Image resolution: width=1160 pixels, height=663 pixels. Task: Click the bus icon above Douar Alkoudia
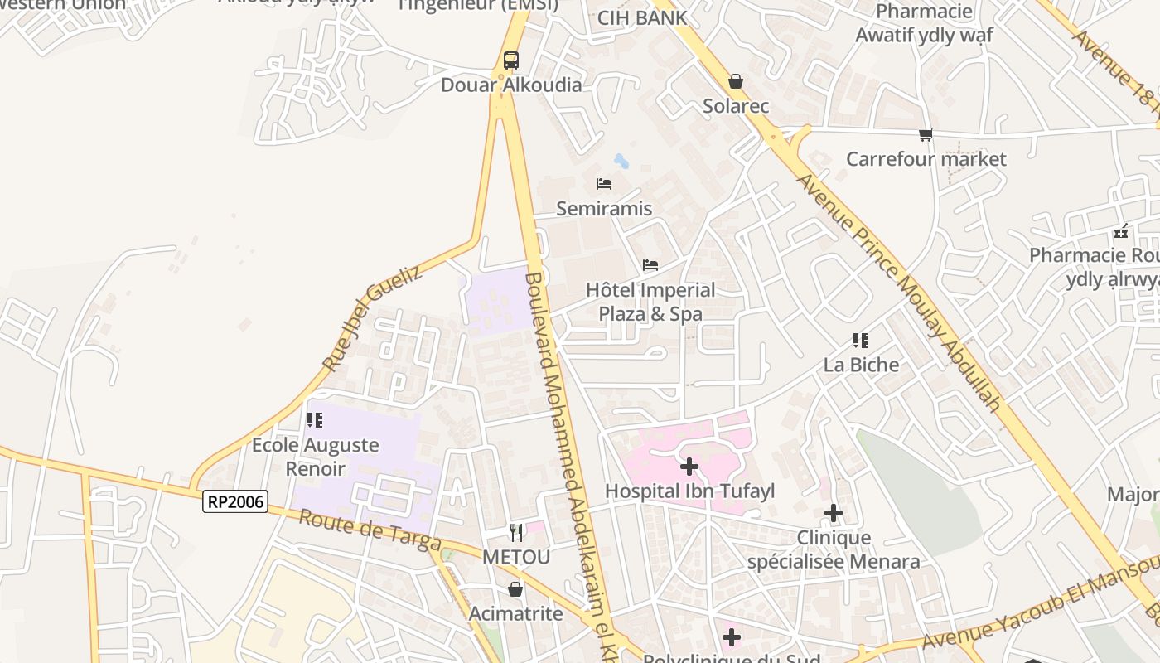(x=511, y=60)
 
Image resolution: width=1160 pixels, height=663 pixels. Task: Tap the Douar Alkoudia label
(x=511, y=85)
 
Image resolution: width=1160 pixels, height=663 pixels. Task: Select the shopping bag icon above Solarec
(x=735, y=81)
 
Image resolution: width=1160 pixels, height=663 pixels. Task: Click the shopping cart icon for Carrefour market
(x=926, y=134)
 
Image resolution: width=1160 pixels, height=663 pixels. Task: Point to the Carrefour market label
(x=926, y=158)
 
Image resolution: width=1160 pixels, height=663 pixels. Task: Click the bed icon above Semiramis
(x=604, y=183)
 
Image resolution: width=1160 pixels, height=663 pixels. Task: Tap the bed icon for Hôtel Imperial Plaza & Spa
(x=650, y=265)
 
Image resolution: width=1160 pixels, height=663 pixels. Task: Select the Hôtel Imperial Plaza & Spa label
(x=650, y=302)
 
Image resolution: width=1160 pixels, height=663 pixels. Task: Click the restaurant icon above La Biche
(x=861, y=340)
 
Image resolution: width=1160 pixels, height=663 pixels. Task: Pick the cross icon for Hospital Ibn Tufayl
(x=689, y=467)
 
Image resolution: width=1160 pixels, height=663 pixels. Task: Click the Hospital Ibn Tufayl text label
(x=689, y=491)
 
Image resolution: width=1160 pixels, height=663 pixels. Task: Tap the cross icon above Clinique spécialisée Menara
(x=834, y=514)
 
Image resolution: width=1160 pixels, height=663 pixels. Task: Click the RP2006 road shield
(x=235, y=501)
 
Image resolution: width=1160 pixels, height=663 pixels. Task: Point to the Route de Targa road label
(x=370, y=530)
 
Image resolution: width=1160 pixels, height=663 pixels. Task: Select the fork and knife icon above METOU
(x=516, y=531)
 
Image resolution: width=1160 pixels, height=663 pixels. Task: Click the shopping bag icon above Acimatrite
(x=515, y=589)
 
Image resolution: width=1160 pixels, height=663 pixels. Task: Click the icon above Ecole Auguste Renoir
(x=315, y=420)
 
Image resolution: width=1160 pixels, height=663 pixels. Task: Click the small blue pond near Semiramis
(x=621, y=161)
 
